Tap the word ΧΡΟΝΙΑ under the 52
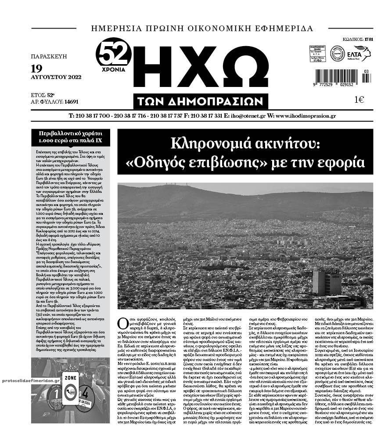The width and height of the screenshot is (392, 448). (x=114, y=69)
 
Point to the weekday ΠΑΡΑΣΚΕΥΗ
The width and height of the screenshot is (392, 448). (x=49, y=57)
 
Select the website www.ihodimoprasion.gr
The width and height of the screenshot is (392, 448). (x=306, y=116)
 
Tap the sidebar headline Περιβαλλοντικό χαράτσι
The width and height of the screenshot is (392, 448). (x=70, y=133)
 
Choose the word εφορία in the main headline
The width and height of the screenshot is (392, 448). (x=342, y=162)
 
